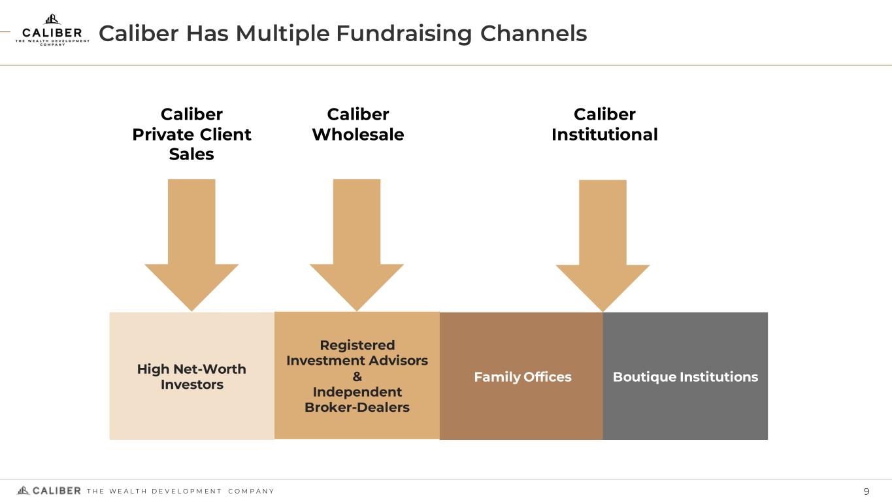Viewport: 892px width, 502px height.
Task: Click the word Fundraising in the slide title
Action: [403, 33]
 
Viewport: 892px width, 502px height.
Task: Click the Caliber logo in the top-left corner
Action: [52, 30]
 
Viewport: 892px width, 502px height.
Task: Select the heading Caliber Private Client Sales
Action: [191, 134]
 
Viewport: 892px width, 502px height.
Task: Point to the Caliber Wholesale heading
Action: [357, 124]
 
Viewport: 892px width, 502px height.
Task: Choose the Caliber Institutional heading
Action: [604, 124]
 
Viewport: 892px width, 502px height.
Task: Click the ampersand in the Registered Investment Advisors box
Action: [357, 376]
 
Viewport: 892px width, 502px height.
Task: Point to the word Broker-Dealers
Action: [357, 407]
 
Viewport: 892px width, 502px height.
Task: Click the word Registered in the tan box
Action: [357, 345]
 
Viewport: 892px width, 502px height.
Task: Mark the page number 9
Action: [867, 492]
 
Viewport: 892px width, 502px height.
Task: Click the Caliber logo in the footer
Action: [49, 491]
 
